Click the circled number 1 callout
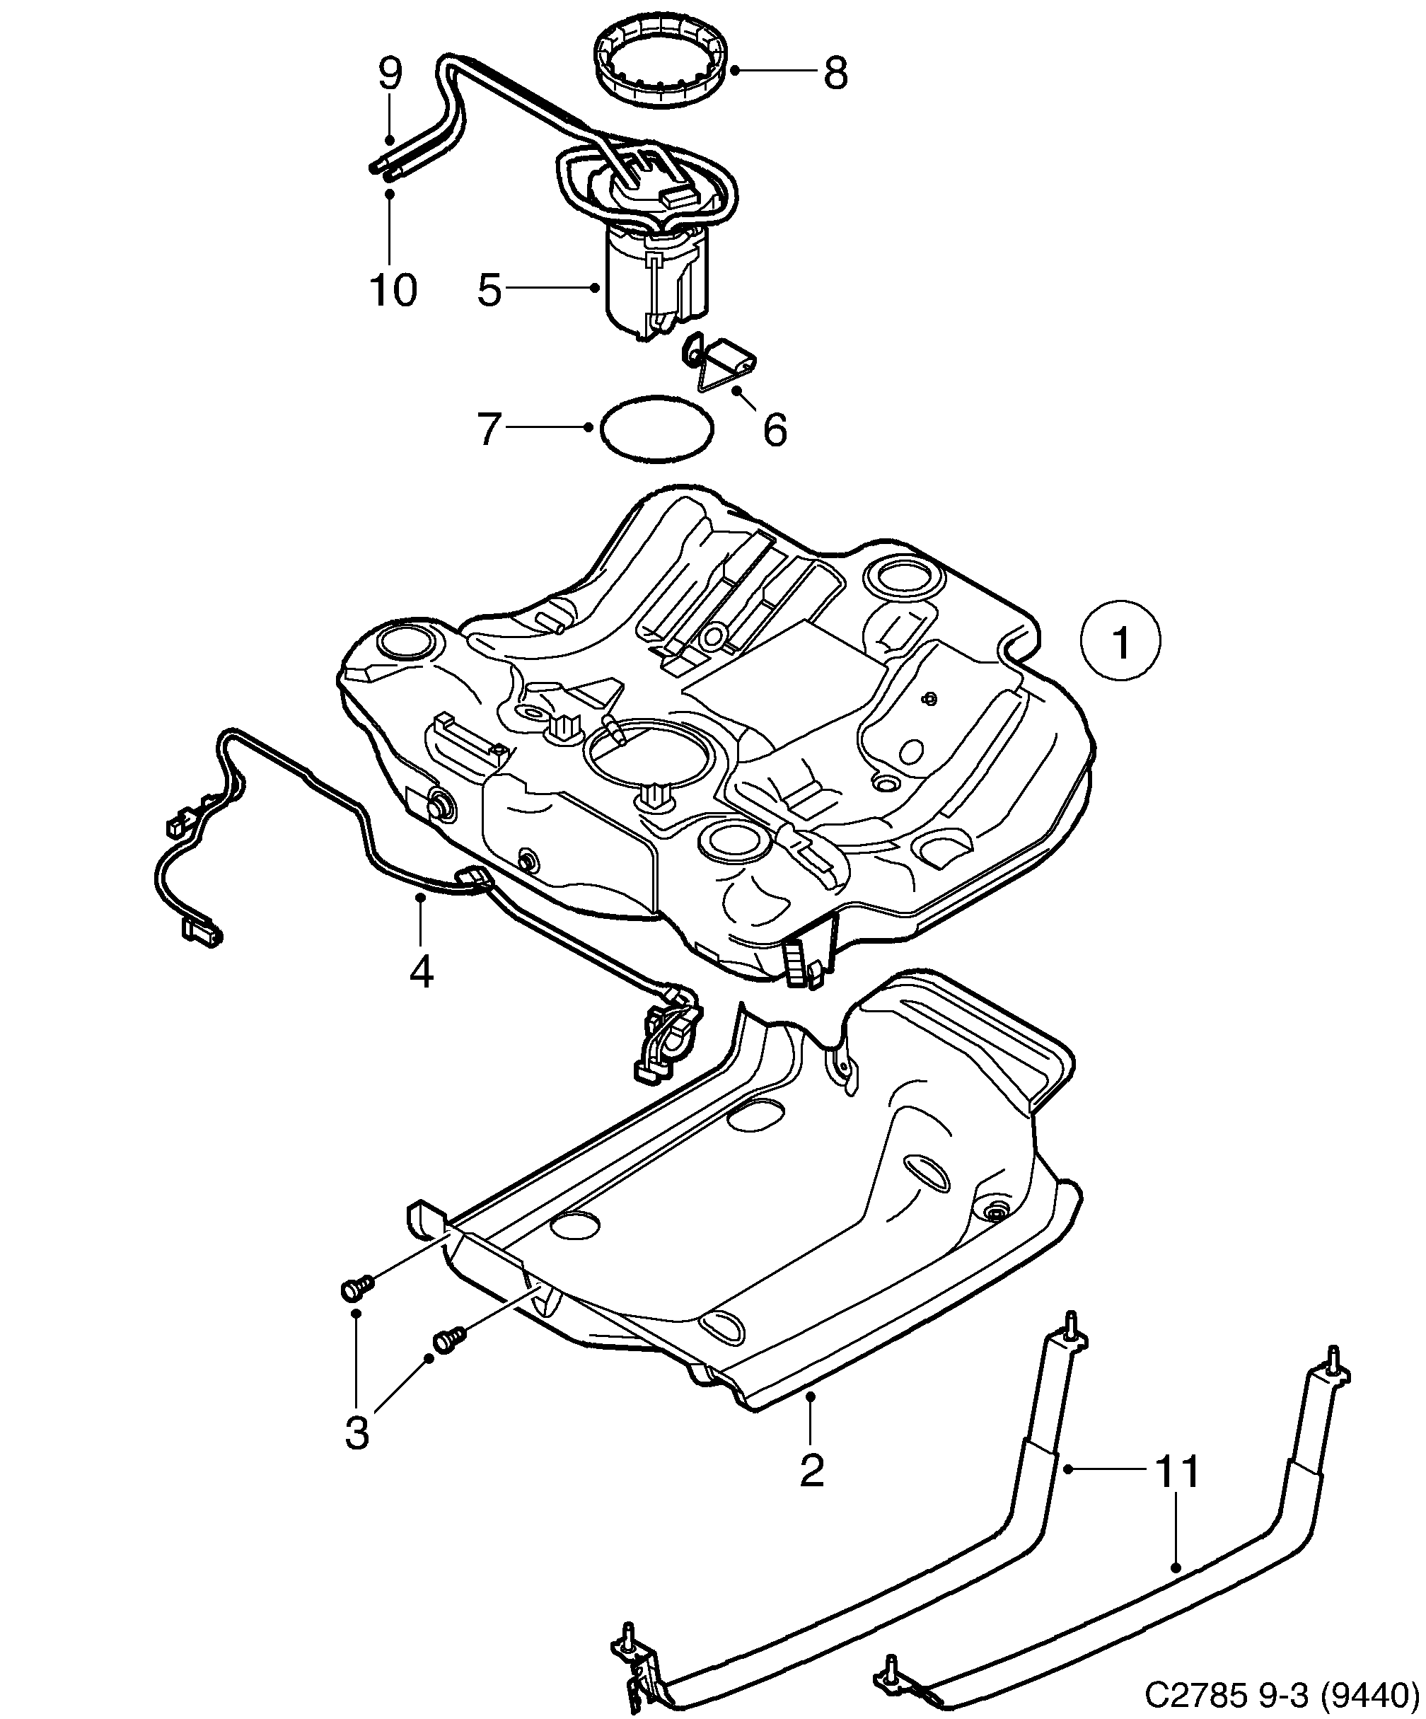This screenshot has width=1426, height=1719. click(x=1120, y=642)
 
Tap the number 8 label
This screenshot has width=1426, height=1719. click(x=834, y=74)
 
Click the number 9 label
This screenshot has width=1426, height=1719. click(x=390, y=74)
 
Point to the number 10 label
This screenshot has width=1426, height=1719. click(x=393, y=290)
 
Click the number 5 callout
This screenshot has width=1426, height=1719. click(x=489, y=290)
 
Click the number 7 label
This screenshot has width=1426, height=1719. click(x=489, y=429)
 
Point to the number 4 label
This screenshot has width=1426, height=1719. click(x=421, y=972)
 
